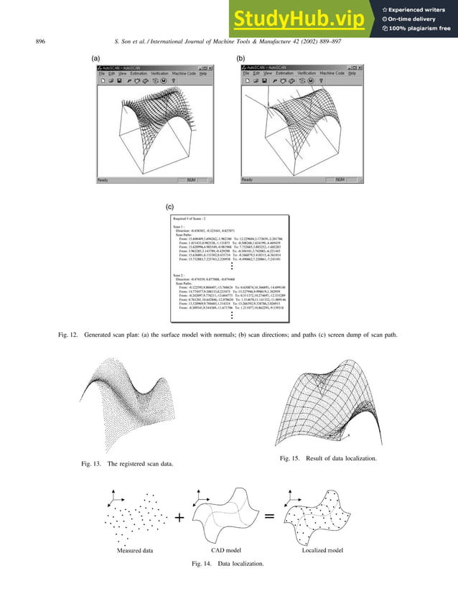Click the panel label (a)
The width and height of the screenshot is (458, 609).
pyautogui.click(x=94, y=56)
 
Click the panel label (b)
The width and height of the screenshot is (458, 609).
pyautogui.click(x=240, y=56)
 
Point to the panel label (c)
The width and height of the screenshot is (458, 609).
pyautogui.click(x=169, y=205)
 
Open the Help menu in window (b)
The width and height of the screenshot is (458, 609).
pyautogui.click(x=352, y=73)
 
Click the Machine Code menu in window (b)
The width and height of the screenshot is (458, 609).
pyautogui.click(x=331, y=73)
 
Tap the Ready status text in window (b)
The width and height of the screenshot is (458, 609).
pyautogui.click(x=247, y=180)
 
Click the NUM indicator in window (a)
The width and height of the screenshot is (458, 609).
pyautogui.click(x=191, y=180)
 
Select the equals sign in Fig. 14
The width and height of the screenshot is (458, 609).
pyautogui.click(x=268, y=516)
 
